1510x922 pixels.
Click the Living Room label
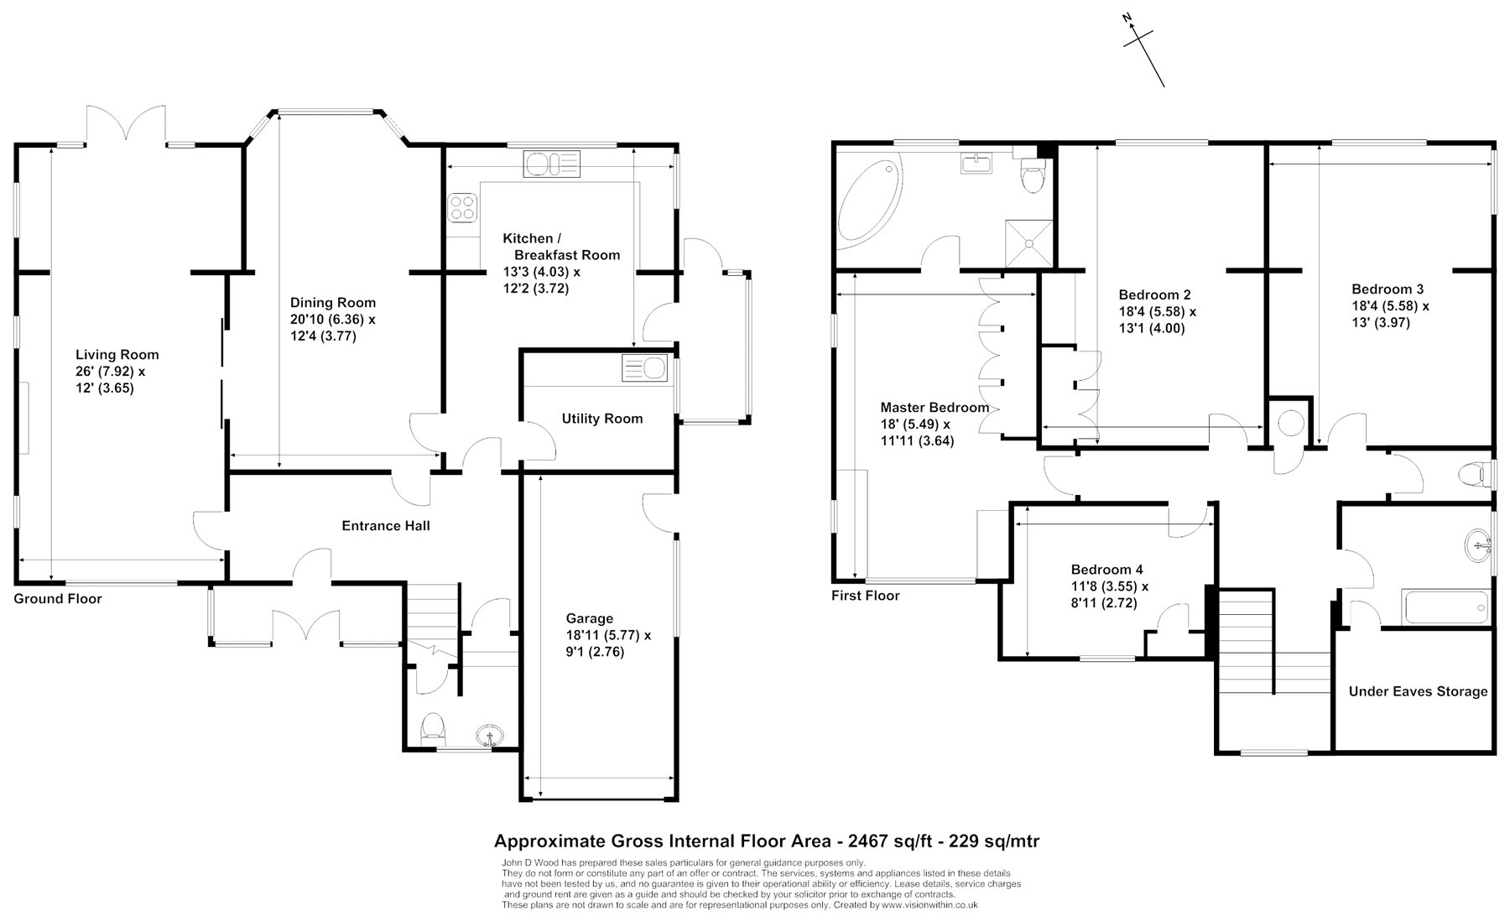pyautogui.click(x=117, y=355)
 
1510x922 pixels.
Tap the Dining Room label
pyautogui.click(x=333, y=303)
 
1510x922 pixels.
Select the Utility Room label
pyautogui.click(x=602, y=419)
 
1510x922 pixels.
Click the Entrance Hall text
pyautogui.click(x=386, y=526)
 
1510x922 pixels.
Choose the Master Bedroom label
pyautogui.click(x=935, y=408)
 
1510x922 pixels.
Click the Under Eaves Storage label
pyautogui.click(x=1418, y=691)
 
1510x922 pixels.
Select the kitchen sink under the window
pyautogui.click(x=551, y=162)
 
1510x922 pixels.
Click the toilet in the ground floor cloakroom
pyautogui.click(x=433, y=727)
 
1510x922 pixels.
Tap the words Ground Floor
pyautogui.click(x=58, y=599)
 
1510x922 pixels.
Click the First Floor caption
pyautogui.click(x=865, y=596)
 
